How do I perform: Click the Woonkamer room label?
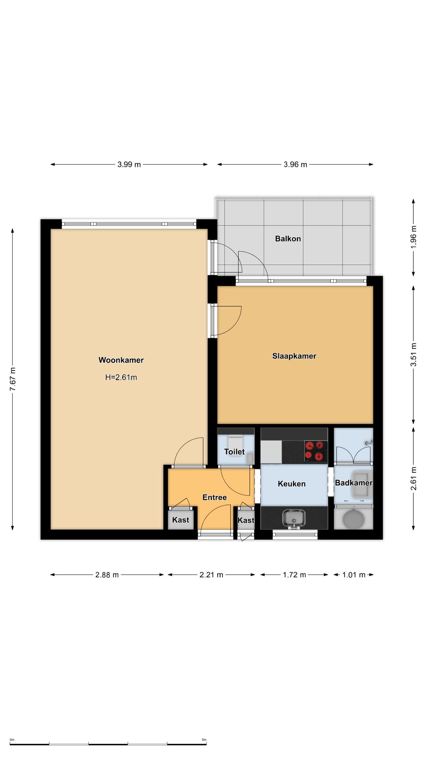tap(121, 360)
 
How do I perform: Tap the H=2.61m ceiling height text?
tap(121, 377)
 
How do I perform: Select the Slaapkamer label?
tap(294, 356)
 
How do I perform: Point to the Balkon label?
tap(288, 239)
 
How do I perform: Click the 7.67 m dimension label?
tap(13, 379)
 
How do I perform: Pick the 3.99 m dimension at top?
tap(129, 164)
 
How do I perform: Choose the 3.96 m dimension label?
tap(295, 164)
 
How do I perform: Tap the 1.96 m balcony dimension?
tap(413, 237)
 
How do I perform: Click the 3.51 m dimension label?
tap(413, 354)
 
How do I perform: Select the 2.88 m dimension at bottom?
tap(107, 575)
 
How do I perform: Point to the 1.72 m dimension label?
tap(294, 575)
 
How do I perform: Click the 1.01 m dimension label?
tap(353, 575)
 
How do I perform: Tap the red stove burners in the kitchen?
tap(316, 451)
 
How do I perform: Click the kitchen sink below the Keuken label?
tap(294, 518)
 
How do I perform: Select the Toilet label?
tap(234, 452)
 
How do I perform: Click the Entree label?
tap(215, 498)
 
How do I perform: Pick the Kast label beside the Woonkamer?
tap(181, 520)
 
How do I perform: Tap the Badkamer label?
tap(353, 483)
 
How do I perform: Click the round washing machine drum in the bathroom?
tap(353, 519)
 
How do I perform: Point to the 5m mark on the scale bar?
tap(204, 740)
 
